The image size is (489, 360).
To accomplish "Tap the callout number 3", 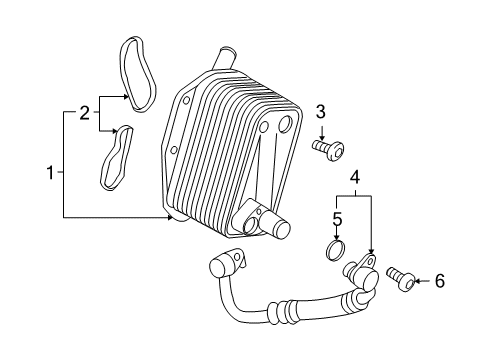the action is coord(321,111).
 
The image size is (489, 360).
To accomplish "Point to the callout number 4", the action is coord(353,179).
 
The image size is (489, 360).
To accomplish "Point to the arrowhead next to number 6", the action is coord(420,282).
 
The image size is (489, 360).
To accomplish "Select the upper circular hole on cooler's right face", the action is coord(287,126).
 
